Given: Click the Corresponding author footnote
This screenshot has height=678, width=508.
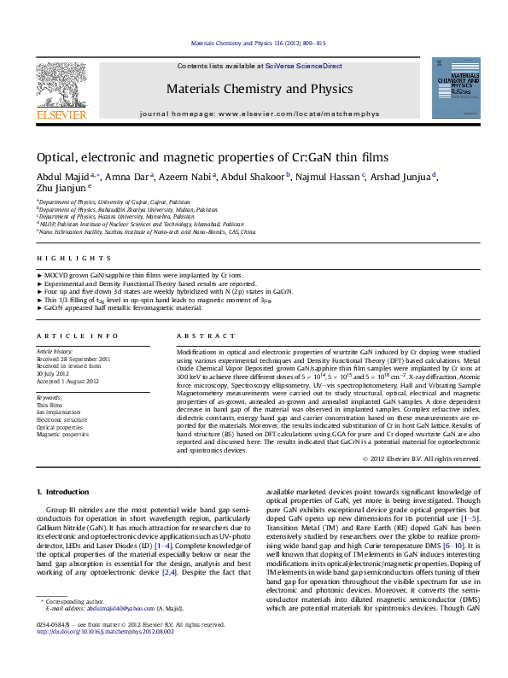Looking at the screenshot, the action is point(73,626).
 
